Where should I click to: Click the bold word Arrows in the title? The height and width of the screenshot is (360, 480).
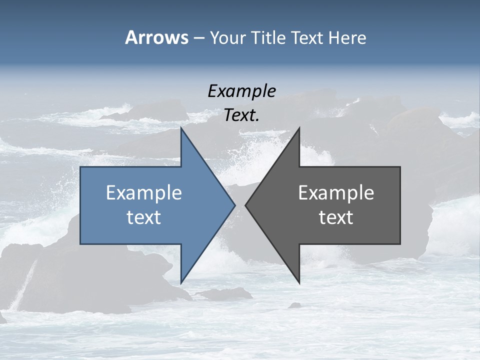point(156,37)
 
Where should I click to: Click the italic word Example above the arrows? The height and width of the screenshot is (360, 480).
point(241,91)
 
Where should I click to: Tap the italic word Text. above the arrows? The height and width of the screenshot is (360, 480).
point(241,115)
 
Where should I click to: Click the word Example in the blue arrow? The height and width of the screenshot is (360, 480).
point(144,192)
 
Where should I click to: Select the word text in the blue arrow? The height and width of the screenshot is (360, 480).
point(144,217)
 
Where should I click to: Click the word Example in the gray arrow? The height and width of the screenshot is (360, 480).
point(336,192)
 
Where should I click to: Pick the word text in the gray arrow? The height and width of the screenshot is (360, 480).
point(336,217)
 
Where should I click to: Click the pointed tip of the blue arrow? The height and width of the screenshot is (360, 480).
point(235,205)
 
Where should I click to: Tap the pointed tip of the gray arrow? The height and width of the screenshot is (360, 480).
point(245,205)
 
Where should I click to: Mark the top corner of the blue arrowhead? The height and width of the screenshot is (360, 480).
point(181,127)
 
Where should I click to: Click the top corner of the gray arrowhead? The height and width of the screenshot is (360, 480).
point(299,127)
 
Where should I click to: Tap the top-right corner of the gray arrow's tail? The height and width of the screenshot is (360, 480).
point(400,167)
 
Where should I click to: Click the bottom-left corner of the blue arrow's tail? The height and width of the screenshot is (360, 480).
point(80,244)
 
